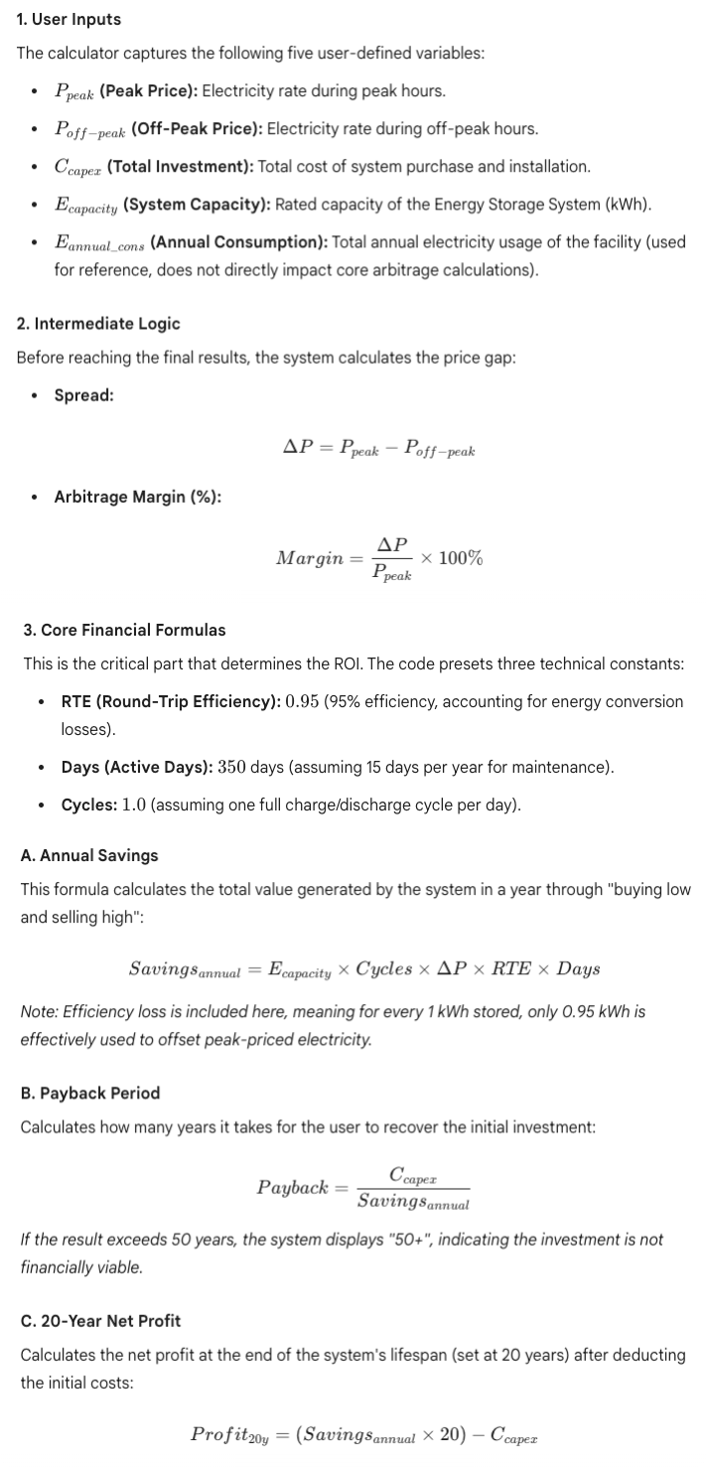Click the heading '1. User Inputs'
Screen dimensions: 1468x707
(x=69, y=20)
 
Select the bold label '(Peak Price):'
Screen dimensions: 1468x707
(x=149, y=91)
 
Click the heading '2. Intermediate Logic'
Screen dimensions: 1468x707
(x=98, y=324)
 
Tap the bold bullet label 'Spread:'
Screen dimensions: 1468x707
(x=83, y=395)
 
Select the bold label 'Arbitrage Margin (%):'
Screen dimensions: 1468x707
(x=137, y=497)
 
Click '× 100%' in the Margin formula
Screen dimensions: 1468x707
(x=452, y=557)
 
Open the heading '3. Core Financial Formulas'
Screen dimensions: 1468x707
(x=124, y=630)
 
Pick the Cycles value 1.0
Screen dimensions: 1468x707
(x=133, y=805)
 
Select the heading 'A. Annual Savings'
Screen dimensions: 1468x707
(x=88, y=855)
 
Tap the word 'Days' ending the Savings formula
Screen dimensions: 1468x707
(x=578, y=968)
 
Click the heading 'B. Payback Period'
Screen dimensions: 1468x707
(x=89, y=1093)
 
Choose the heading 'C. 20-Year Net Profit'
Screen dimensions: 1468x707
(x=100, y=1321)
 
